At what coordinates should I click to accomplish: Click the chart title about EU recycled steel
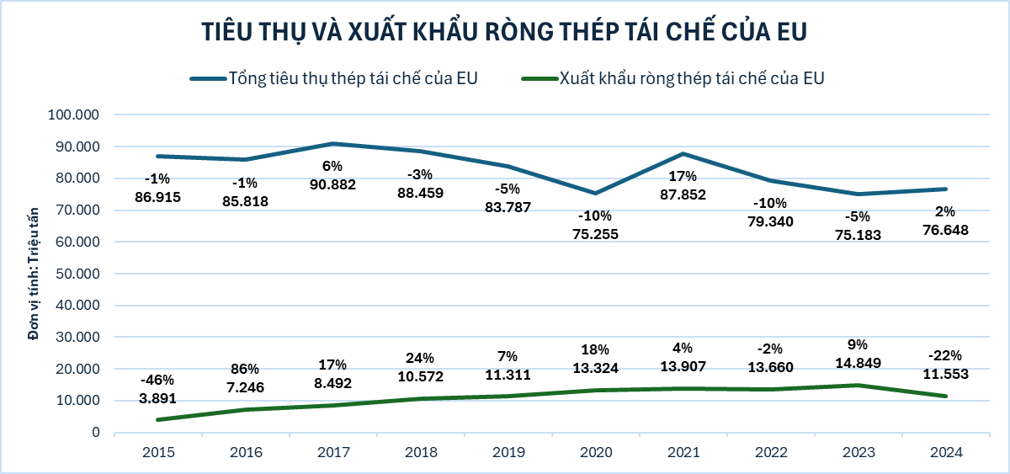point(504,31)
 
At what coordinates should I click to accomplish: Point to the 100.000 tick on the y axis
point(77,115)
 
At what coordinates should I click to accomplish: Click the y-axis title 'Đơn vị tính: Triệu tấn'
point(34,274)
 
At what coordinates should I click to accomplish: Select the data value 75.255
point(596,234)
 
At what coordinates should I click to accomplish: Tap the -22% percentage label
point(946,354)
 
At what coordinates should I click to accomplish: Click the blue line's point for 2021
point(683,153)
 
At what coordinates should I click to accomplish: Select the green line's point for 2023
point(858,386)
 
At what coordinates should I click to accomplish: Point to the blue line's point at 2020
point(596,194)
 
